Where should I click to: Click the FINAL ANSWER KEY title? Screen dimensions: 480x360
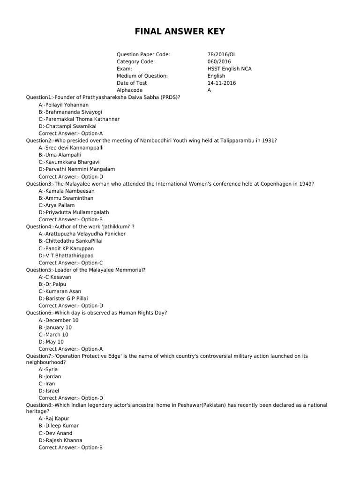180,31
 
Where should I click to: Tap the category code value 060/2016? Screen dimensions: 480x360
219,61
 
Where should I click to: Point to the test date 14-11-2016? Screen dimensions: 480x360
222,83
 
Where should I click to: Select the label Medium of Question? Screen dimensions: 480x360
142,76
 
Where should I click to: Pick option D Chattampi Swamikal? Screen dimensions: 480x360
67,126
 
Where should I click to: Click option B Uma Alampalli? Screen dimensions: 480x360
60,155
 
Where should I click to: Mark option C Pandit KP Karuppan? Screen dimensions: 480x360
66,248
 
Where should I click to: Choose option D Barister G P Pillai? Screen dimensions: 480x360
63,298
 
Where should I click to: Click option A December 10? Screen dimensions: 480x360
59,320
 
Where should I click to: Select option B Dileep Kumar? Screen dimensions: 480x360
59,426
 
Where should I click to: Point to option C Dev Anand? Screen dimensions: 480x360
56,433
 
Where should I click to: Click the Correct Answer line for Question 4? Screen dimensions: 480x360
70,262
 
